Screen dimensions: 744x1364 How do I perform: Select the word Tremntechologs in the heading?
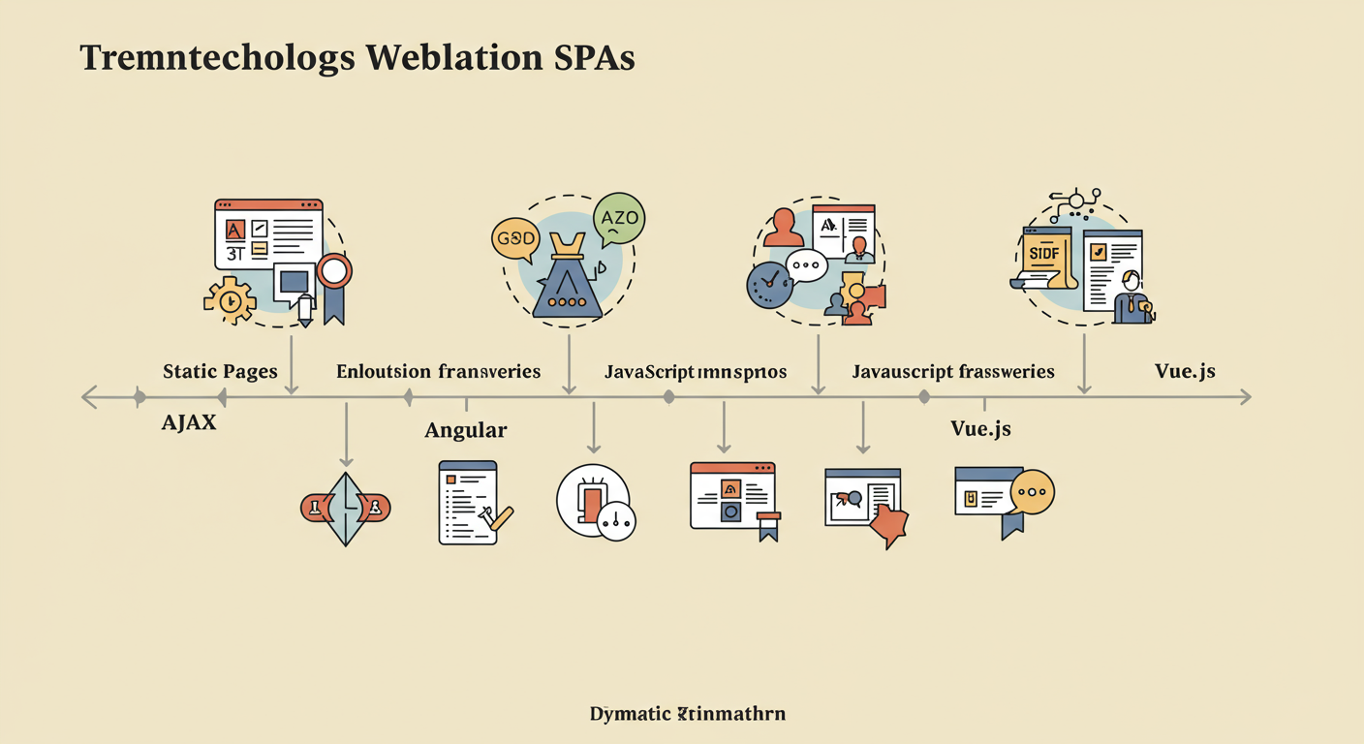click(x=218, y=58)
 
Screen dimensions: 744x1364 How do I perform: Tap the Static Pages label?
click(x=220, y=371)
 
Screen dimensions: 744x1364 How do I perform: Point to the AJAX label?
click(x=189, y=422)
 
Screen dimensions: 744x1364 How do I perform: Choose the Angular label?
click(x=466, y=430)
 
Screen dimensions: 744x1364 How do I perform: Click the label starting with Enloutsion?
click(x=438, y=371)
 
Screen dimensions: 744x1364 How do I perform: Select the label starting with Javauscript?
click(x=953, y=371)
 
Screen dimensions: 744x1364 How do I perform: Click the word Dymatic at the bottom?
click(x=631, y=714)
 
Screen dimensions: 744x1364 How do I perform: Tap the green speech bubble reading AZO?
click(x=619, y=218)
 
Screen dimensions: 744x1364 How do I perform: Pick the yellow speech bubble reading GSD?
click(x=513, y=238)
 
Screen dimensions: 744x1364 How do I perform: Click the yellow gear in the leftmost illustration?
click(x=230, y=300)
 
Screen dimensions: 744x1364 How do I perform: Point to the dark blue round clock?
click(x=769, y=283)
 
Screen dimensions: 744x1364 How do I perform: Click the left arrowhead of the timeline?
click(x=88, y=396)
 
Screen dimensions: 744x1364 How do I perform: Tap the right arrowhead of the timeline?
click(x=1244, y=396)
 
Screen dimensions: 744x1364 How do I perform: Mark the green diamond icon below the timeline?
click(x=346, y=507)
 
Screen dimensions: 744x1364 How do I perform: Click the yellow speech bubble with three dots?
click(x=1032, y=492)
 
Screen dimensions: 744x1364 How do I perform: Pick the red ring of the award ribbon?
click(x=334, y=271)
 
